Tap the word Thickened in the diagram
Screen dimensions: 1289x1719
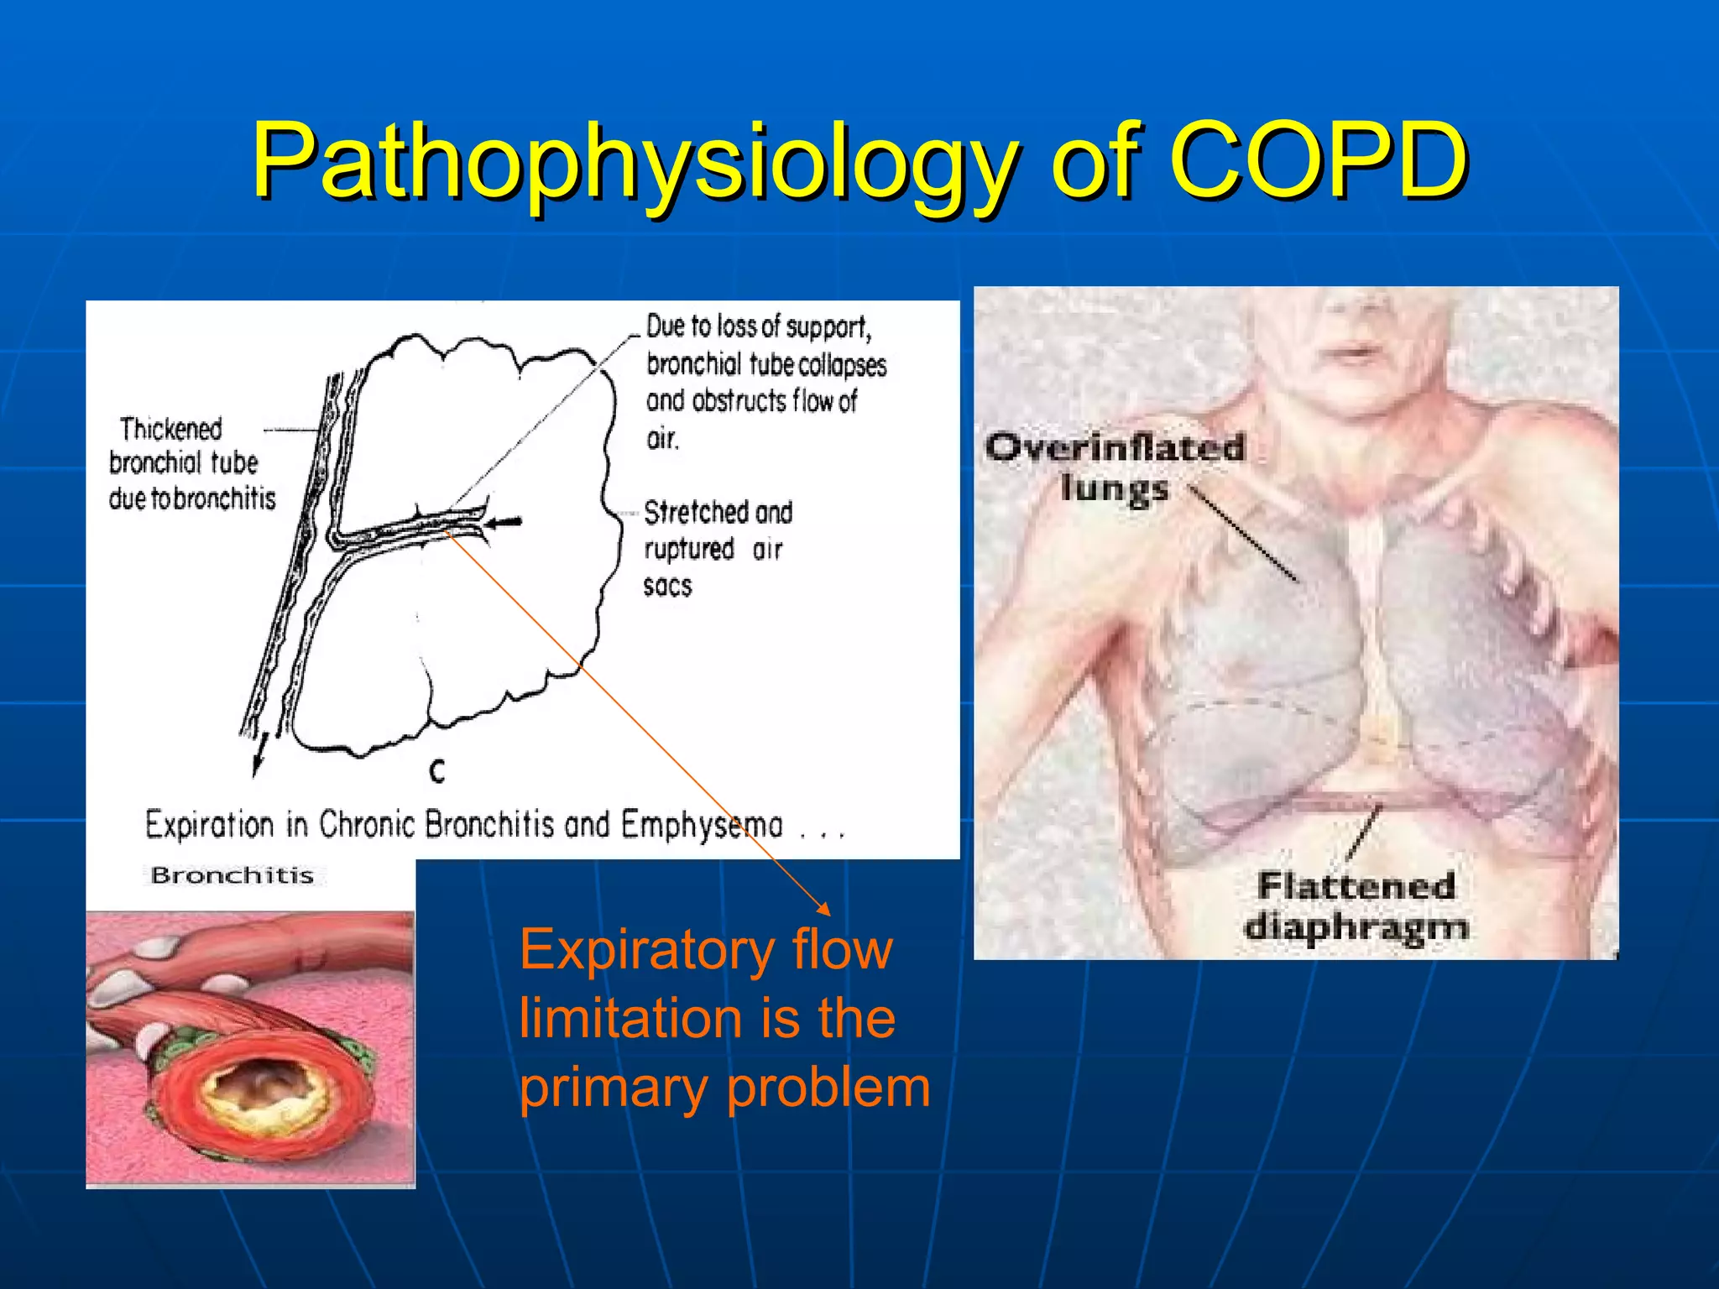point(171,429)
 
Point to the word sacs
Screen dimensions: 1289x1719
point(667,586)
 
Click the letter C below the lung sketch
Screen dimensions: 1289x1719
point(436,770)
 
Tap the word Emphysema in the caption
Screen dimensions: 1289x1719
point(702,825)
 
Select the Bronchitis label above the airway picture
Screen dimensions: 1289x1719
point(232,875)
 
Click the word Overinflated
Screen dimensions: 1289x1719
point(1115,447)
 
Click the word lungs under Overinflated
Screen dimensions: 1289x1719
point(1114,488)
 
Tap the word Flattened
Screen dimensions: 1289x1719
point(1356,886)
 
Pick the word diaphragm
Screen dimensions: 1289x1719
point(1356,928)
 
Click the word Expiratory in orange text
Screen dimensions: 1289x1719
point(645,950)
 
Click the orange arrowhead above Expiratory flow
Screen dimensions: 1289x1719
point(824,909)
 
